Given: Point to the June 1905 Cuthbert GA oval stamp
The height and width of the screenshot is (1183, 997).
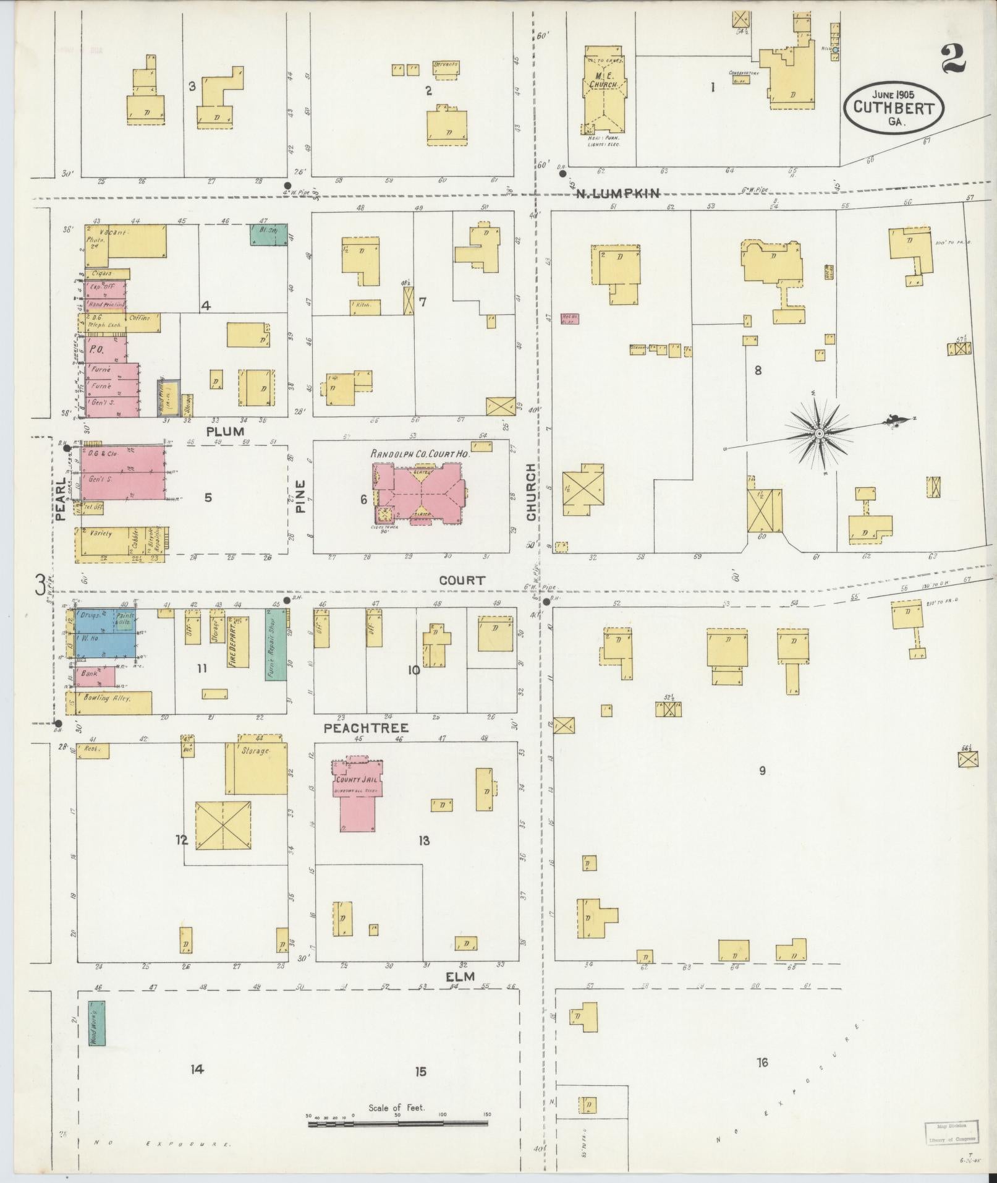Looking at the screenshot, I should (894, 107).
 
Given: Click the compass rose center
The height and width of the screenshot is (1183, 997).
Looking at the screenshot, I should (819, 433).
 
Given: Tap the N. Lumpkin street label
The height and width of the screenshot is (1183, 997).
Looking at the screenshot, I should (617, 194).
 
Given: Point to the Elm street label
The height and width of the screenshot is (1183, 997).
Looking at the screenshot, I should (460, 993).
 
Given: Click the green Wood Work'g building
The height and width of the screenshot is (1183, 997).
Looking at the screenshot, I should (96, 1023).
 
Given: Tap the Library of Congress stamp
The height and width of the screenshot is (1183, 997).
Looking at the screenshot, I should (951, 1132).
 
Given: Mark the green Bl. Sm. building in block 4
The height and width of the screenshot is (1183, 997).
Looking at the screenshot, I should (268, 234).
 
